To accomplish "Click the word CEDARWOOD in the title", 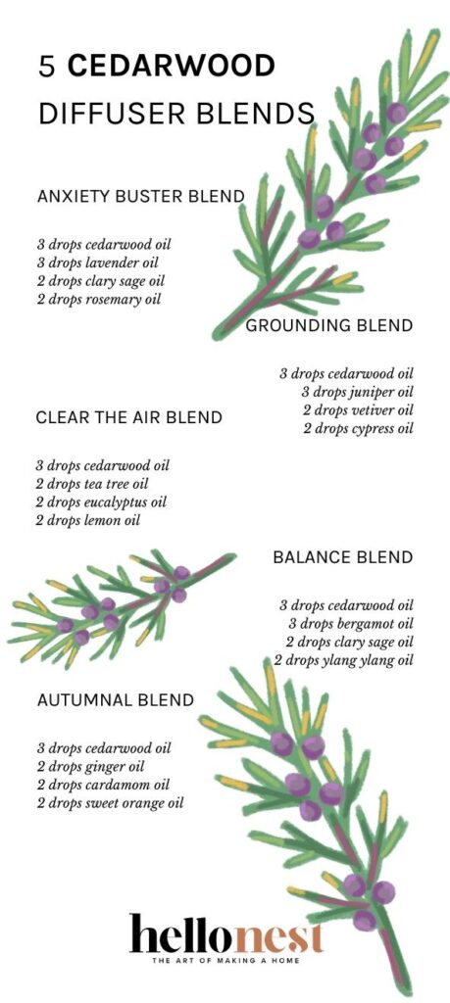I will [x=172, y=68].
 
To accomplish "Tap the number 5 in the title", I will [x=46, y=68].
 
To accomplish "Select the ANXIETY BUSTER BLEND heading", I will [x=140, y=197].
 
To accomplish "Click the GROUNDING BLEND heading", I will [x=328, y=326].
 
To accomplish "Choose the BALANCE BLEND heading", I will [x=342, y=557].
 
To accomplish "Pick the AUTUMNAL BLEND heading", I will [x=116, y=700].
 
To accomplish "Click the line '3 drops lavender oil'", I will [x=98, y=263].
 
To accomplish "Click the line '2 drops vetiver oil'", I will [x=358, y=410].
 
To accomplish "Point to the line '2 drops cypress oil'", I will [x=358, y=429].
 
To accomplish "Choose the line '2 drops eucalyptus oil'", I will [x=101, y=502].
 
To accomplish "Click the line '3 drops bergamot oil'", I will [x=350, y=624].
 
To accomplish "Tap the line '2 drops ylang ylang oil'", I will [x=343, y=661].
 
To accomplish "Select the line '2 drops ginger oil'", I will [x=90, y=767].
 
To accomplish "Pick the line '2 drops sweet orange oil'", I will [x=110, y=804].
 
